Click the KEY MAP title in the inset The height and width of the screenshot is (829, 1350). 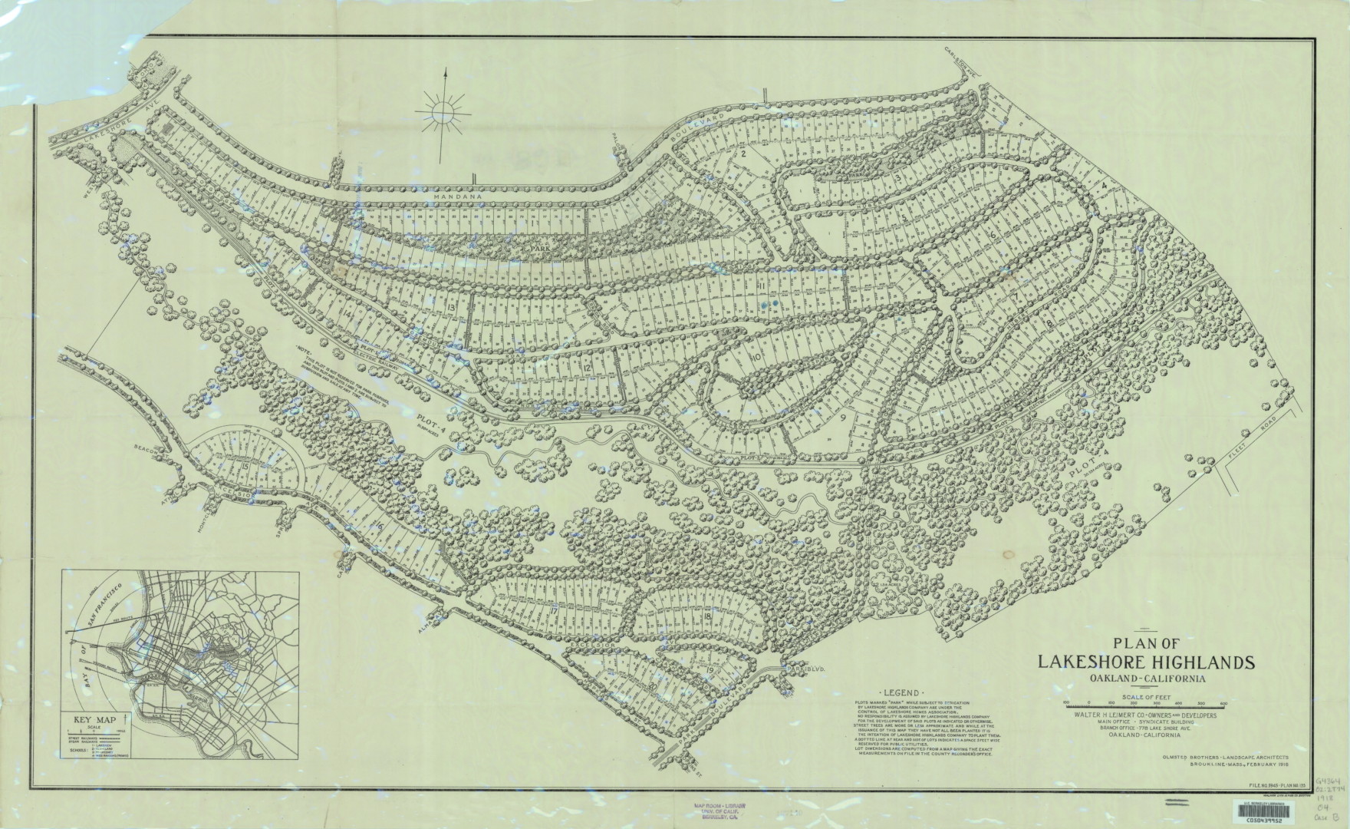[94, 719]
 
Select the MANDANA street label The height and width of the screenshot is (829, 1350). [455, 197]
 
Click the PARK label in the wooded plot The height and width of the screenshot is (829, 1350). [544, 249]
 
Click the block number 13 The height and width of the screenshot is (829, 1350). [451, 307]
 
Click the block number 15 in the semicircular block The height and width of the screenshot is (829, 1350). [245, 466]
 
